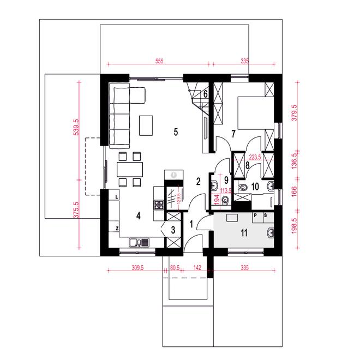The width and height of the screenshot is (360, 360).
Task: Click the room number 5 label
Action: (x=176, y=132)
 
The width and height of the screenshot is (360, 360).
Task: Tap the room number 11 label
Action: (x=244, y=233)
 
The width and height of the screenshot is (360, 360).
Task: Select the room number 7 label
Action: (x=233, y=134)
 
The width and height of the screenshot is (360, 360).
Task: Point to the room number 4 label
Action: (x=138, y=216)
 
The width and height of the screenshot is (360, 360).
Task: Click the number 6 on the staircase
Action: (x=206, y=94)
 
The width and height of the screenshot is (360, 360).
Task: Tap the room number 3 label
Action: (x=173, y=230)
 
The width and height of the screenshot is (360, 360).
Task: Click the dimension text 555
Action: (x=159, y=61)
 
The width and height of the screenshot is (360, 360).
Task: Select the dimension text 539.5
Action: (x=76, y=127)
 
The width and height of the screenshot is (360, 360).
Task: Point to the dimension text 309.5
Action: (x=137, y=268)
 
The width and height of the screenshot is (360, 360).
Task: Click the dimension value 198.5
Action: (x=294, y=226)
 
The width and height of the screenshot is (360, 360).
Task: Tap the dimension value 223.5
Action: (x=255, y=157)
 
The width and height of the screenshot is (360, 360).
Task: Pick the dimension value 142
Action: (x=197, y=268)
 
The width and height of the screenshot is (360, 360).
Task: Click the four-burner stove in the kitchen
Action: (x=159, y=205)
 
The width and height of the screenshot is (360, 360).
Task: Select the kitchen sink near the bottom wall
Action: (x=139, y=242)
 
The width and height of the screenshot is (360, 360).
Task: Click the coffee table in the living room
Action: (x=146, y=125)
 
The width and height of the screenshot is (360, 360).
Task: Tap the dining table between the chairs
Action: (x=130, y=170)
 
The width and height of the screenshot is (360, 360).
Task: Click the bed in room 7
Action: (x=256, y=113)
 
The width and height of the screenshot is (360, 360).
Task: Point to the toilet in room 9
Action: (x=225, y=200)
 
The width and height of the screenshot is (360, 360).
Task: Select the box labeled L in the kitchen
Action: (x=116, y=197)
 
